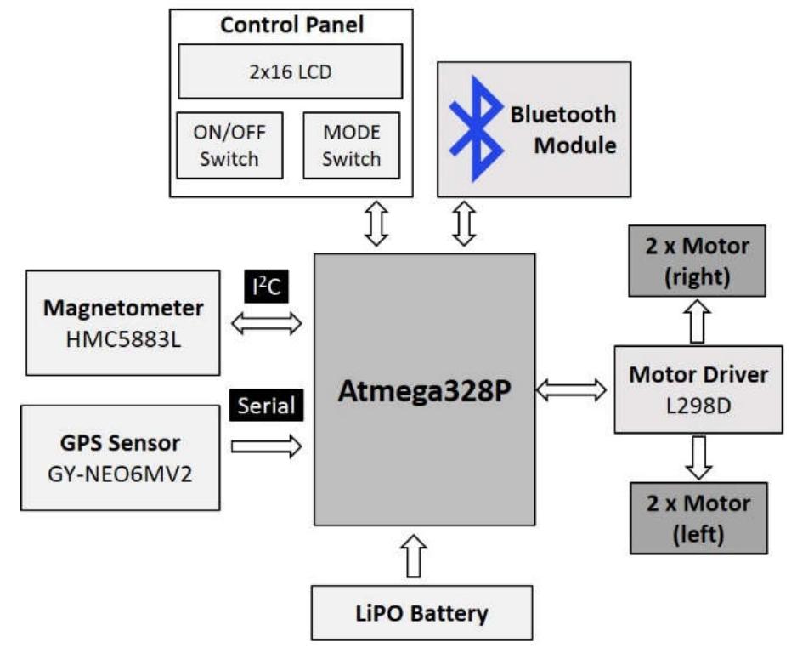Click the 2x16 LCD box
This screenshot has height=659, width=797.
[x=290, y=72]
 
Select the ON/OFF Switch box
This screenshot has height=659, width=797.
[x=229, y=145]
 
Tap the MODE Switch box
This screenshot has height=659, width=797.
[x=352, y=145]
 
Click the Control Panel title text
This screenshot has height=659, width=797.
[x=291, y=26]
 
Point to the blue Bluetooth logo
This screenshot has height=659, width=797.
[x=477, y=128]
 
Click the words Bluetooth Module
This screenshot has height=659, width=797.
[x=562, y=129]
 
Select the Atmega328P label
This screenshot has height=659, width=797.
[x=424, y=391]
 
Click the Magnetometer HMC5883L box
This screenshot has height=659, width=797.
[x=123, y=322]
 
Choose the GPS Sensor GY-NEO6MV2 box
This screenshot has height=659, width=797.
[x=120, y=457]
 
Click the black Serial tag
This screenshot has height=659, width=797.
[x=267, y=406]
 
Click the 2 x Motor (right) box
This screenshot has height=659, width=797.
[x=697, y=260]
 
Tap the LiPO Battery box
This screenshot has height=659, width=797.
[x=421, y=612]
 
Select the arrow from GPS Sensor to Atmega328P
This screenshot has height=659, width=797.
[x=266, y=446]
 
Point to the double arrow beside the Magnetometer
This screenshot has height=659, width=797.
[x=266, y=322]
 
